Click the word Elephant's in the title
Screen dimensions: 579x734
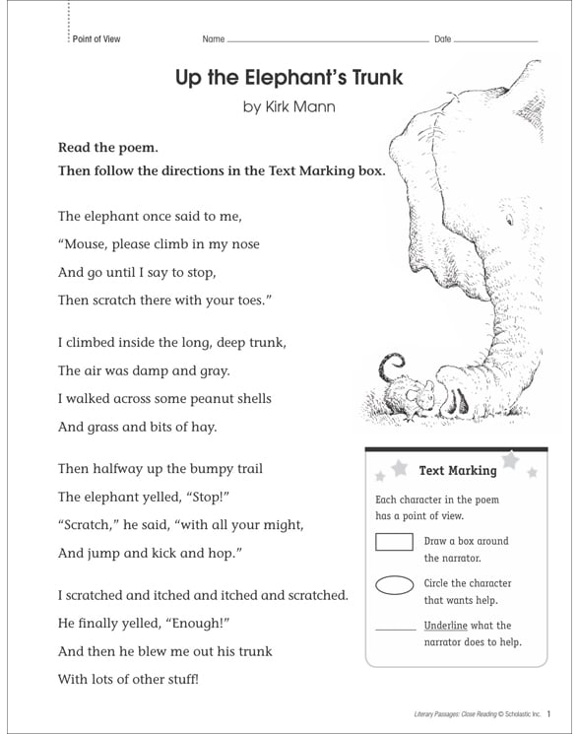[x=282, y=76]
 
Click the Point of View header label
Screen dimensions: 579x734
[x=96, y=38]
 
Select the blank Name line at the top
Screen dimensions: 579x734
[x=325, y=39]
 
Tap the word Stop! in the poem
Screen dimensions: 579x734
[x=185, y=497]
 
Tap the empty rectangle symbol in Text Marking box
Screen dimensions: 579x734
[x=394, y=542]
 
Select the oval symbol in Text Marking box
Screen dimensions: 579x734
[x=394, y=585]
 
